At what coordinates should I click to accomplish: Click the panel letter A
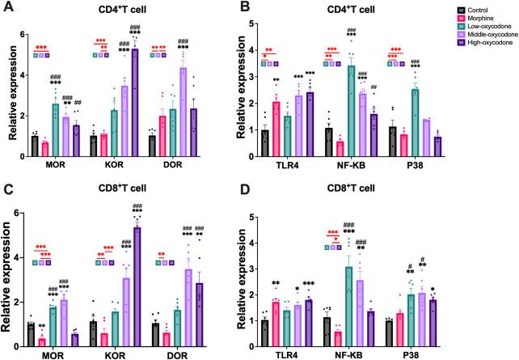7,7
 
